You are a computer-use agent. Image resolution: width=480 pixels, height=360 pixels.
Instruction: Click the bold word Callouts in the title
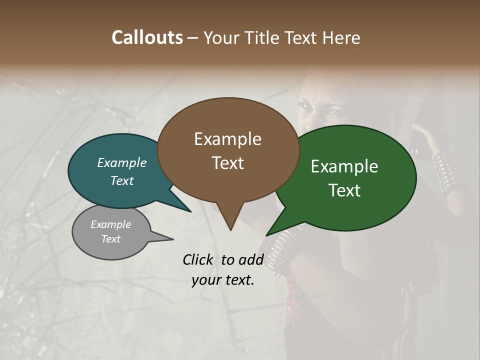tap(147, 37)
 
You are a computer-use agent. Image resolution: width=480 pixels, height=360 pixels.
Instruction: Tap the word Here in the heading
tap(342, 37)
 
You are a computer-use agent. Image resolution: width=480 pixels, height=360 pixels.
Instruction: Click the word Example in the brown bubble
tap(227, 139)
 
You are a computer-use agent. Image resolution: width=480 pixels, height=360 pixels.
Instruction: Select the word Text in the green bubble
tap(344, 190)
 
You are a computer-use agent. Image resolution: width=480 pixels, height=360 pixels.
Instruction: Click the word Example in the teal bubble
tap(122, 162)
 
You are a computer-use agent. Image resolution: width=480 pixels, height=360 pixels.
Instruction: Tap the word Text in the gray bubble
tap(111, 239)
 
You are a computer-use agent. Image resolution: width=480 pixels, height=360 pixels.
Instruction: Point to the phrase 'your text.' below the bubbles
tap(223, 280)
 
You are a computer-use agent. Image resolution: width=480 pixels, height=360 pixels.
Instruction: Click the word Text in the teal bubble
tap(122, 180)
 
